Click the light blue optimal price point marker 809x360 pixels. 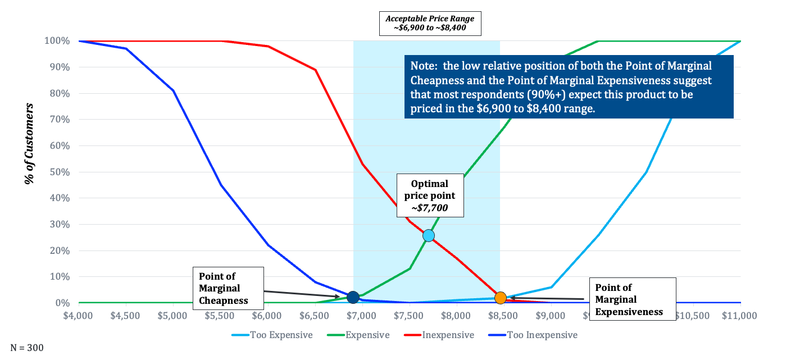(x=429, y=235)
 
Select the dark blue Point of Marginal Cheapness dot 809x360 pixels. (x=353, y=297)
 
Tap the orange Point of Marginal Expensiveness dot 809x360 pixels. (x=501, y=297)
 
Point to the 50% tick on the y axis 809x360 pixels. (x=58, y=172)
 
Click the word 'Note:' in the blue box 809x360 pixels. (x=425, y=65)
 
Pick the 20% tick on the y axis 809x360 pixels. (x=58, y=250)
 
